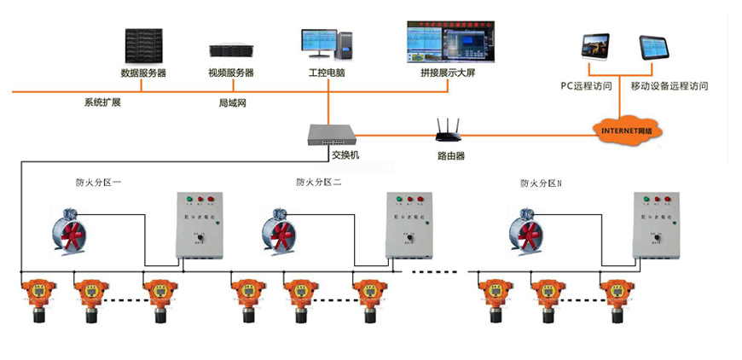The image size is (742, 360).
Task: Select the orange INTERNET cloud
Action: (x=628, y=130)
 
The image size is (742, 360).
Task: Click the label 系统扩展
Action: (x=101, y=103)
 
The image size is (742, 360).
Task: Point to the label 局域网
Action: (x=232, y=103)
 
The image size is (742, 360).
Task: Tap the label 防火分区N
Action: (x=542, y=183)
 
